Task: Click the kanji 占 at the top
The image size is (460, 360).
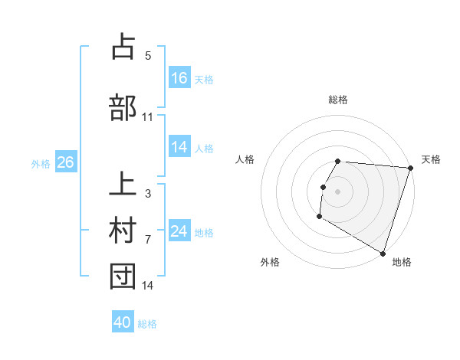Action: click(123, 47)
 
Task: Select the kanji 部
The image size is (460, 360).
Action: click(123, 107)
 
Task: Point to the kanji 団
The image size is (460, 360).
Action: click(123, 277)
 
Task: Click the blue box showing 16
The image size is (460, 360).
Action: click(179, 77)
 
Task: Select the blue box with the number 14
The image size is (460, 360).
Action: click(179, 147)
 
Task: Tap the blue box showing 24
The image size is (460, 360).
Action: click(179, 231)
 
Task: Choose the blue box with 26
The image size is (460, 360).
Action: click(65, 162)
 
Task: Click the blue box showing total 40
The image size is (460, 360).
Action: click(123, 323)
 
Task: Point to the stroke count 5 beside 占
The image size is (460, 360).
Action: click(148, 56)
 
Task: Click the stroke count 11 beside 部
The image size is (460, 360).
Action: click(148, 116)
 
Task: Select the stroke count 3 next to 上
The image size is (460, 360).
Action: click(148, 193)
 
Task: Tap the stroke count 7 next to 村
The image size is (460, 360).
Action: click(148, 239)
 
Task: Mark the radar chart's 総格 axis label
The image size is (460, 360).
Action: click(338, 100)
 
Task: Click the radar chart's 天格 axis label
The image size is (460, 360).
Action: click(432, 159)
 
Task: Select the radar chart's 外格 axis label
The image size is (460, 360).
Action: click(270, 262)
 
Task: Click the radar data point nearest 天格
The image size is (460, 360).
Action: click(410, 168)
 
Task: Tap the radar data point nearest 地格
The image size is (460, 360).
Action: click(383, 253)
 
